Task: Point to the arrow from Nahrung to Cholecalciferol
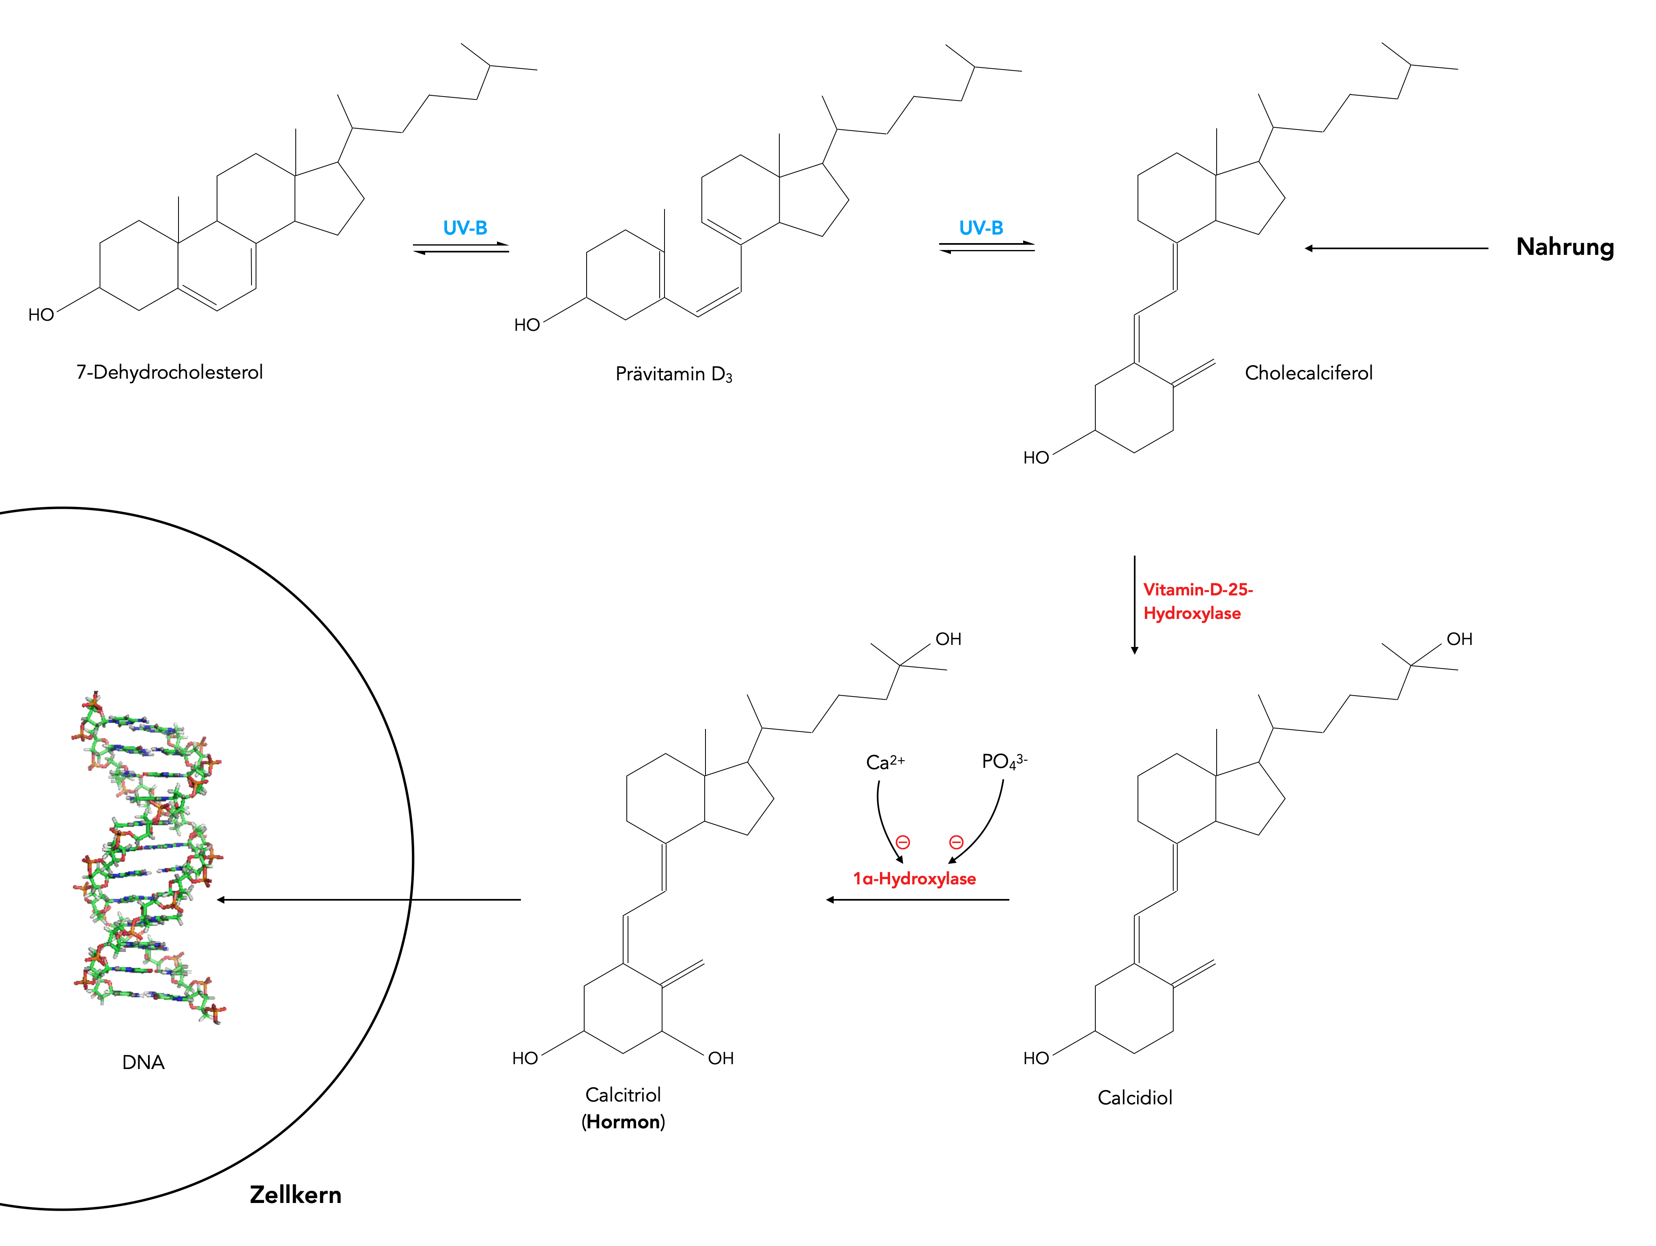1396,249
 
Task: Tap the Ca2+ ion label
885,762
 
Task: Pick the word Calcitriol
623,1095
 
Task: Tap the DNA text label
143,1063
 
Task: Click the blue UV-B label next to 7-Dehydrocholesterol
465,228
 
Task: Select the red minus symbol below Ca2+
903,843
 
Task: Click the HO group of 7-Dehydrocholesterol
41,315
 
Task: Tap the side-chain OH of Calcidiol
1459,639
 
